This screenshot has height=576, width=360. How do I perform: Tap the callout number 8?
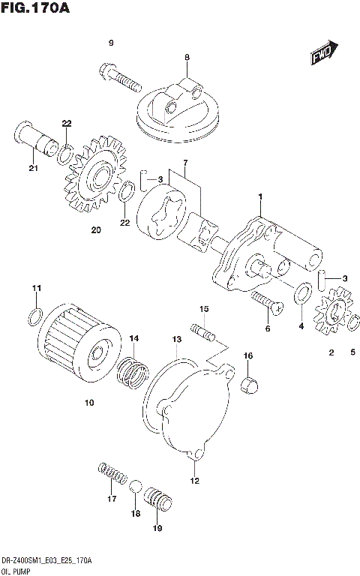click(187, 57)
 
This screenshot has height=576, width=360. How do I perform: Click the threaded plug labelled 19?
click(159, 498)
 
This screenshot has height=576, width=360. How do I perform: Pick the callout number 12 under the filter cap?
click(194, 480)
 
